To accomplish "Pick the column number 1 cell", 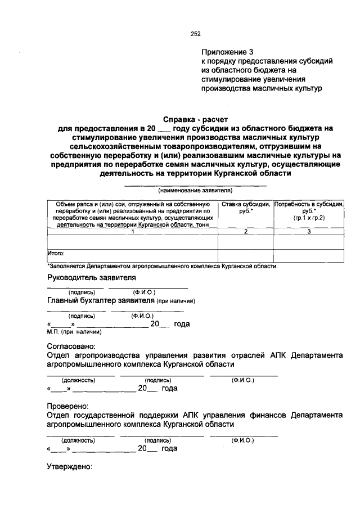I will coord(133,231).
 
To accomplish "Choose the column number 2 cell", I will coord(245,231).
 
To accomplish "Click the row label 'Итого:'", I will coord(57,253).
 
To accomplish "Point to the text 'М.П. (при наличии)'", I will coord(70,332).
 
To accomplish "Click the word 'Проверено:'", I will coord(67,405).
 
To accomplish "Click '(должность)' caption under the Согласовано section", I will coord(79,381).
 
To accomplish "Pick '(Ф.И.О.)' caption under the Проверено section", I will coord(242,439).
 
